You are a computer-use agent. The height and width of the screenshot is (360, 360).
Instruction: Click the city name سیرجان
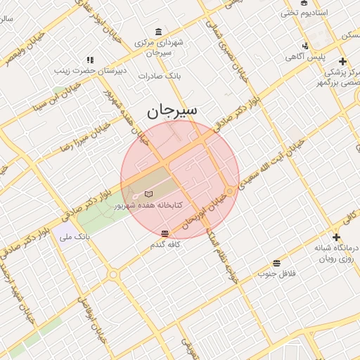[x=172, y=110]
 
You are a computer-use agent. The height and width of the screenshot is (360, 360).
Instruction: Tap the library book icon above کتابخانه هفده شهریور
[x=148, y=193]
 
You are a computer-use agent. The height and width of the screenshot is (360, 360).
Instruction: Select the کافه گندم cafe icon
[x=165, y=233]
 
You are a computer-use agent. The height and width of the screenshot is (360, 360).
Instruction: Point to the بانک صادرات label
[x=160, y=75]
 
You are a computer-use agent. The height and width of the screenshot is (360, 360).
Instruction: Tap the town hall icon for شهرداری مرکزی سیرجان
[x=158, y=32]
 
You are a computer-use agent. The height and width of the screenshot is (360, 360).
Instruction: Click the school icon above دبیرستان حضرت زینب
[x=89, y=60]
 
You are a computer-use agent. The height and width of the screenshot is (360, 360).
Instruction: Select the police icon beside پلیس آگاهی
[x=304, y=46]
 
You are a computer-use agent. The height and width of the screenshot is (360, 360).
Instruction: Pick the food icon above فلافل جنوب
[x=276, y=263]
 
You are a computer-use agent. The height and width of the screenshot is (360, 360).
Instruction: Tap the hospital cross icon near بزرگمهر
[x=342, y=61]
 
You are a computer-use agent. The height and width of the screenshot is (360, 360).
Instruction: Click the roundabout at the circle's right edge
[x=230, y=191]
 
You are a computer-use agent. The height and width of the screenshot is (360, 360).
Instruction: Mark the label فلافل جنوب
[x=276, y=273]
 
